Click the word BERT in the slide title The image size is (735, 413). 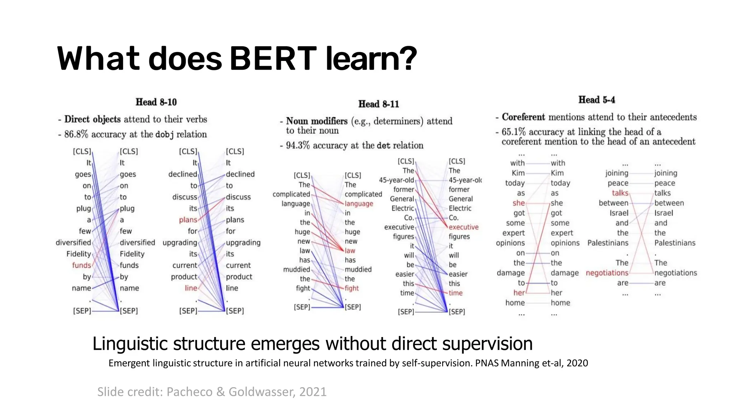pos(273,58)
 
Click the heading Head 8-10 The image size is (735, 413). pos(156,102)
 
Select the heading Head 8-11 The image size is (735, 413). pos(379,104)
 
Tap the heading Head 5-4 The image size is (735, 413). pos(596,100)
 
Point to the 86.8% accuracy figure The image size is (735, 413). pos(76,134)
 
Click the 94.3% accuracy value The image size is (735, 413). pos(298,146)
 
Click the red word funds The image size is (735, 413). pos(81,265)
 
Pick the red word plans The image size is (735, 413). pos(188,220)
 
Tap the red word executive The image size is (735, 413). pos(463,227)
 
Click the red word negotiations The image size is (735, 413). pos(607,273)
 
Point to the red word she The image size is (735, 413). pos(519,203)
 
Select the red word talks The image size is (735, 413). pos(620,193)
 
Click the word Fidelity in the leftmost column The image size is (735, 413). pos(79,254)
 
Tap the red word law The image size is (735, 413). pos(350,251)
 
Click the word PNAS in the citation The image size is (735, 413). pos(487,363)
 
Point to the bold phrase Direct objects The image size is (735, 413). pos(93,119)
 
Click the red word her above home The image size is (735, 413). pos(519,293)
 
